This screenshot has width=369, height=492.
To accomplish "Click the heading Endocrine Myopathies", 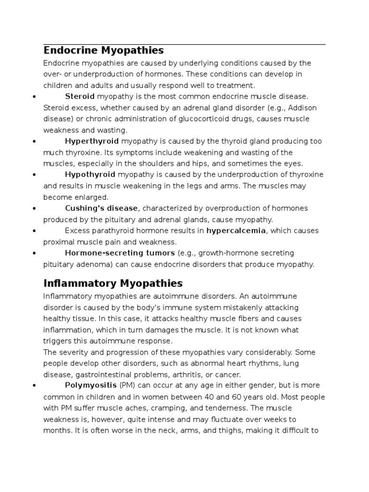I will click(x=103, y=50).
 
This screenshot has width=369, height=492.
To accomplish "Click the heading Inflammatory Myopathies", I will click(x=113, y=283).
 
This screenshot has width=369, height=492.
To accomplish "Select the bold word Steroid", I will click(x=80, y=97).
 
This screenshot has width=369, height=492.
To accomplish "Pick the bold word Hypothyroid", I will click(x=90, y=174).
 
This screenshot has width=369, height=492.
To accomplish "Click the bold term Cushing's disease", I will click(x=102, y=208).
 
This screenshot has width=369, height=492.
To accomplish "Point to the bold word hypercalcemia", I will click(x=235, y=231).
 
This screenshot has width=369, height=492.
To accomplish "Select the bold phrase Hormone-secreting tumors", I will click(x=120, y=253).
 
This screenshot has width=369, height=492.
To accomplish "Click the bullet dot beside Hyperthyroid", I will click(x=35, y=142).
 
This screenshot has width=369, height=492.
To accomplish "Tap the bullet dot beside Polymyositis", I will click(x=35, y=386).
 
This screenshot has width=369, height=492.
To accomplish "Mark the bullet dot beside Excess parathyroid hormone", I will click(x=35, y=231).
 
